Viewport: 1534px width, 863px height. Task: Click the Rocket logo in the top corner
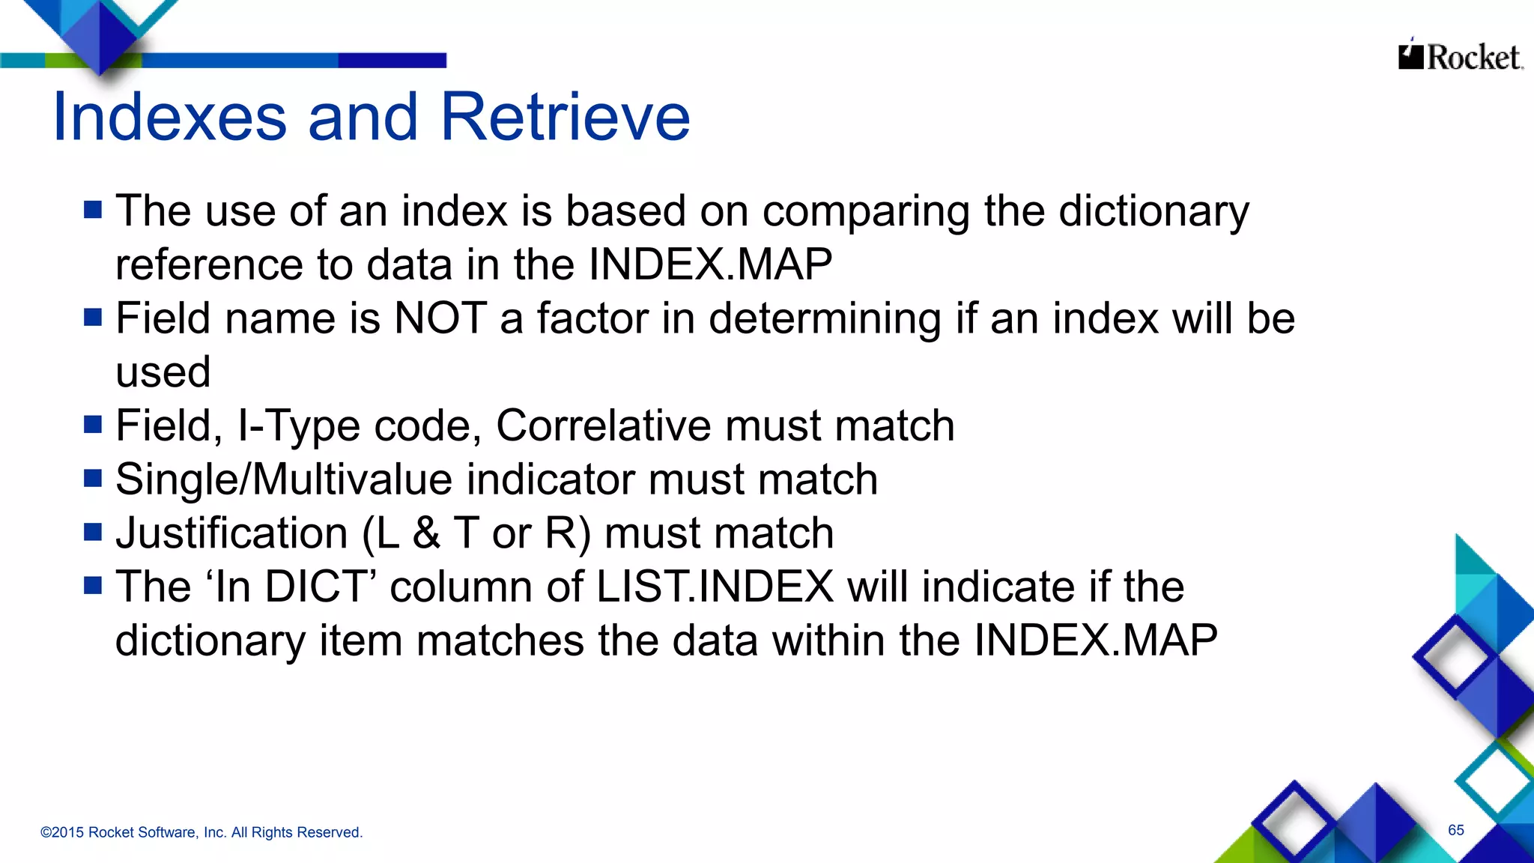(x=1460, y=57)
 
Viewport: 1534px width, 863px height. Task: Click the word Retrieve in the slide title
(x=565, y=117)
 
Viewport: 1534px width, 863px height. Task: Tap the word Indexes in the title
(x=170, y=117)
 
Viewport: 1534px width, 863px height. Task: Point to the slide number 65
(x=1455, y=830)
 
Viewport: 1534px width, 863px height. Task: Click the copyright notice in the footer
(x=201, y=832)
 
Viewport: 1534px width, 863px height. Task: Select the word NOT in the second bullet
(x=440, y=318)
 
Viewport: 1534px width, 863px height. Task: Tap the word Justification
(x=231, y=533)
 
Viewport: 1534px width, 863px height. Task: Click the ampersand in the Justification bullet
(x=426, y=533)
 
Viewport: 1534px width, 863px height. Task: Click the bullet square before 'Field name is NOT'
(x=93, y=318)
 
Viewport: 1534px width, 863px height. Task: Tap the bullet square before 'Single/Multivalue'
(x=93, y=478)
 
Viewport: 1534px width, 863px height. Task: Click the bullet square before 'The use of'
(x=93, y=210)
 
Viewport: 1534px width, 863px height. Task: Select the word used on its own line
(x=163, y=372)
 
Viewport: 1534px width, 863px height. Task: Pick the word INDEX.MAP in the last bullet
(x=1095, y=641)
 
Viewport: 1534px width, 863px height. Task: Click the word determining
(x=825, y=319)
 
